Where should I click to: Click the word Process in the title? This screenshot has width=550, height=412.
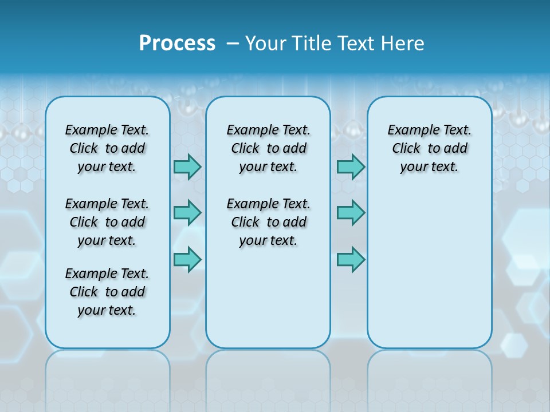click(x=177, y=43)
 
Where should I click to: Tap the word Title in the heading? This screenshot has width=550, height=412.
click(x=309, y=43)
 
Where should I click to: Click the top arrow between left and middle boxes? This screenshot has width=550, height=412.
click(x=187, y=167)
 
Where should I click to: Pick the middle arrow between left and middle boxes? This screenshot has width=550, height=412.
click(x=187, y=213)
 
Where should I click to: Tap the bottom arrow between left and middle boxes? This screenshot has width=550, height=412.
click(x=187, y=259)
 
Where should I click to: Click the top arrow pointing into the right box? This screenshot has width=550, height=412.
click(x=351, y=167)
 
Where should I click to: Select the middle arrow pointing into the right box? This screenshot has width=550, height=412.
click(x=351, y=213)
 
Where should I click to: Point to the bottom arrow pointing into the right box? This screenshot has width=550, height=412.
click(x=351, y=259)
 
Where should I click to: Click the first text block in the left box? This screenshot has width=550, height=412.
click(x=107, y=148)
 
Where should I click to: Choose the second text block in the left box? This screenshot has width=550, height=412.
click(x=107, y=222)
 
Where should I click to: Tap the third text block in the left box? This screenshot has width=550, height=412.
click(x=107, y=292)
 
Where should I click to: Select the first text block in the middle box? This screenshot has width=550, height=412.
click(x=268, y=148)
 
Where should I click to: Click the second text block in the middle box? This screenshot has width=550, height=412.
click(x=268, y=222)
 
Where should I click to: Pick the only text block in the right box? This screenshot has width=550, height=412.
click(x=429, y=148)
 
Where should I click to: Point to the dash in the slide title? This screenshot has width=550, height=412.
click(x=233, y=43)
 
